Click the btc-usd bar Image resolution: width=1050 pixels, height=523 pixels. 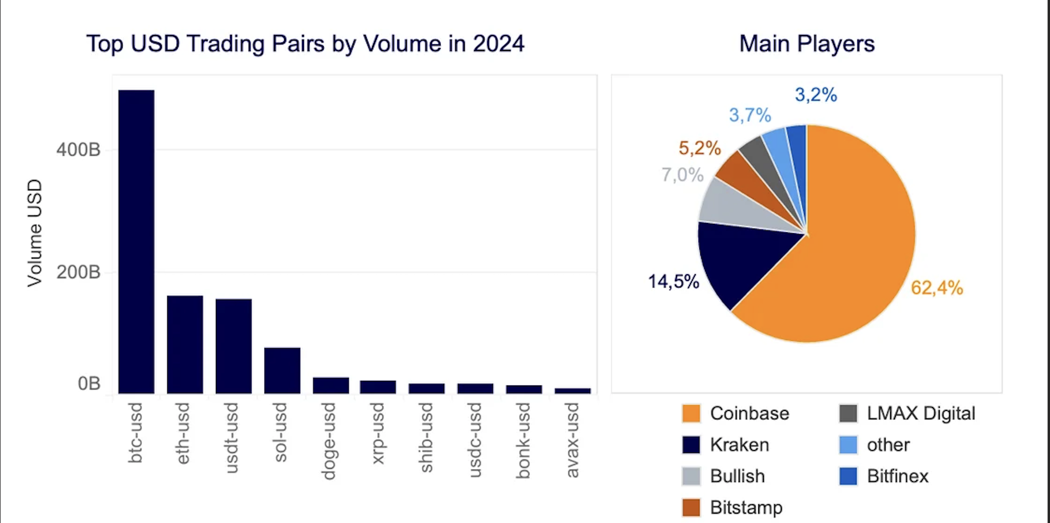point(136,241)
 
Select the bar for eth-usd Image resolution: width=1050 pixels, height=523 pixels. point(185,344)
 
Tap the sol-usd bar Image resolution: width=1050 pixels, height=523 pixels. point(282,370)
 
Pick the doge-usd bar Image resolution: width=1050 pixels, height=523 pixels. point(331,385)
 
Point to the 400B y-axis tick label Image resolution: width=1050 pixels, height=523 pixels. point(78,150)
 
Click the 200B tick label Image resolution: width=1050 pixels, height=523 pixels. point(78,272)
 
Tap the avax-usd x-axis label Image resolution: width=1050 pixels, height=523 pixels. point(573,440)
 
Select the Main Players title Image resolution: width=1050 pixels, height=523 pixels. point(807,44)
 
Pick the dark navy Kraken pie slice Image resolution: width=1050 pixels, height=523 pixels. point(740,259)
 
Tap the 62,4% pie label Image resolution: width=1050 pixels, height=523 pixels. point(936,287)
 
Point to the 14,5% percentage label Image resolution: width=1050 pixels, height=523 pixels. point(673,282)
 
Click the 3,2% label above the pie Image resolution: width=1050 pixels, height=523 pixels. point(816,95)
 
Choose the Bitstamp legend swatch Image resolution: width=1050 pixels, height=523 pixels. point(691,507)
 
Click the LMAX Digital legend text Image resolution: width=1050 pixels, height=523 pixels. point(920,414)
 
